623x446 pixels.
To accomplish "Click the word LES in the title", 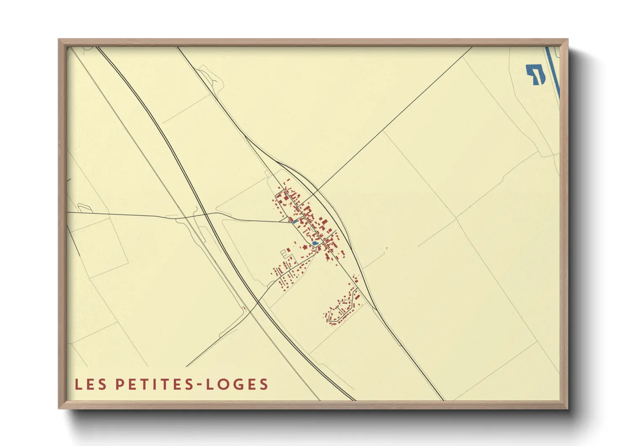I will point(90,384).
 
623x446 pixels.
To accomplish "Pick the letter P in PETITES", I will point(120,384).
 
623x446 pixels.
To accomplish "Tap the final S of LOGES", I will point(264,384).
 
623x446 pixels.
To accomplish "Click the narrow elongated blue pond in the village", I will point(295,222).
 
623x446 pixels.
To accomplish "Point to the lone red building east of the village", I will point(386,248).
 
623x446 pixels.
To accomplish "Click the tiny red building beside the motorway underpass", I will point(244,308).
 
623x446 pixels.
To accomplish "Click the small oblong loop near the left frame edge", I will point(83,207).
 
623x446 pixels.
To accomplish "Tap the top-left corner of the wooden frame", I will point(59,40).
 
